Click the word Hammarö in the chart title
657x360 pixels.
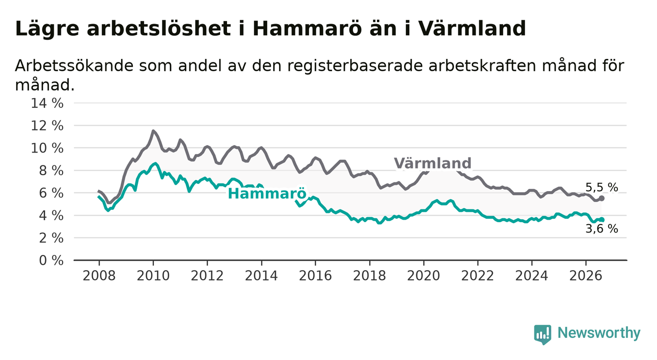[307, 28]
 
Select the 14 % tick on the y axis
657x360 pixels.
[47, 103]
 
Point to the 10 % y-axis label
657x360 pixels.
[47, 148]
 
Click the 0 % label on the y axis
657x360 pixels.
[51, 260]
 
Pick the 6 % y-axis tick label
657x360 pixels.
[51, 193]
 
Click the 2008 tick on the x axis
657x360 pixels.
[99, 276]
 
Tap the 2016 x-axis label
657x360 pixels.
[315, 276]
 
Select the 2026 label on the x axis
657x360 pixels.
[586, 276]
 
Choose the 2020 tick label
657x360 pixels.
[424, 276]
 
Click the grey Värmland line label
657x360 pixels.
[432, 163]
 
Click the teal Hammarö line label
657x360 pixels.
[267, 194]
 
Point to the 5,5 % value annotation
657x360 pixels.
[602, 187]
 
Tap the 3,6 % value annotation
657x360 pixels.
[602, 229]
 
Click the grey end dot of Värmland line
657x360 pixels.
[602, 198]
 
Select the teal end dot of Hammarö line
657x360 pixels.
[602, 219]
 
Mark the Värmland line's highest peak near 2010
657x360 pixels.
[153, 131]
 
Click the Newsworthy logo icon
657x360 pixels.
[543, 334]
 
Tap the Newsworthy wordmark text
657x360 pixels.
[599, 333]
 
